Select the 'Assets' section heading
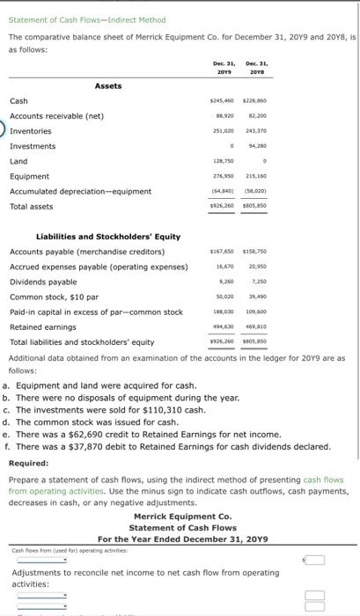pyautogui.click(x=108, y=86)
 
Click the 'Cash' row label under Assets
pyautogui.click(x=18, y=101)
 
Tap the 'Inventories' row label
pyautogui.click(x=32, y=131)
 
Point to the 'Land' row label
pyautogui.click(x=18, y=161)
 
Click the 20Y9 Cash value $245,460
pyautogui.click(x=223, y=101)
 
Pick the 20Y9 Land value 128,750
pyautogui.click(x=224, y=161)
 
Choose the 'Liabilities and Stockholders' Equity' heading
pyautogui.click(x=108, y=236)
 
